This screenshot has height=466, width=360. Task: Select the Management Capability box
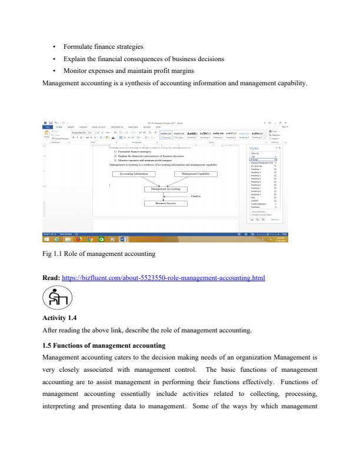pyautogui.click(x=197, y=174)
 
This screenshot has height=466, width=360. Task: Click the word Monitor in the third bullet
pyautogui.click(x=78, y=72)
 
